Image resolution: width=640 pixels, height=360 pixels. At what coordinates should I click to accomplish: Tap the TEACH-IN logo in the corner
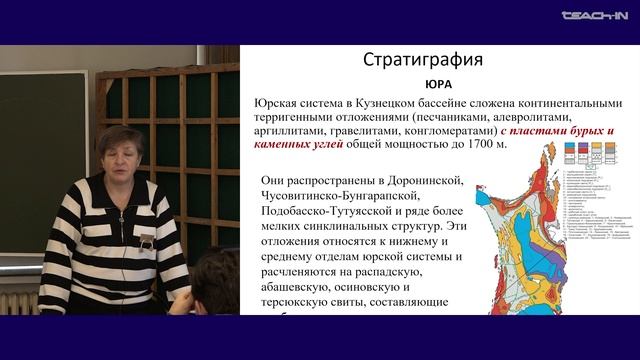[x=593, y=16]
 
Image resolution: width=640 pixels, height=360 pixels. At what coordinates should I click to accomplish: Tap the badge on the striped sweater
[x=147, y=242]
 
